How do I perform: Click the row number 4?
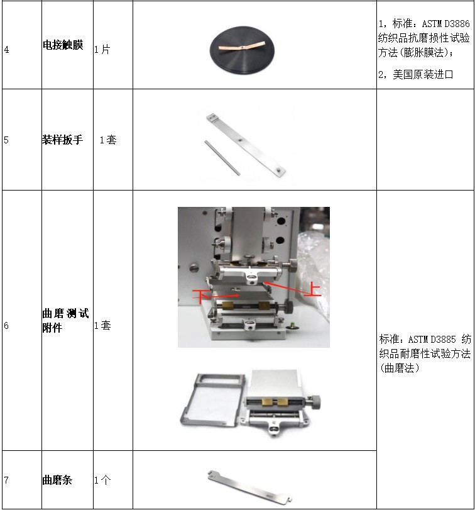6,50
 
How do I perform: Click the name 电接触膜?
63,45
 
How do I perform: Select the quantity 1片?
102,50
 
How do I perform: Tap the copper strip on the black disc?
242,46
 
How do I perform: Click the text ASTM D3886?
445,24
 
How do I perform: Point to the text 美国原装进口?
423,74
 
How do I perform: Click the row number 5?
6,140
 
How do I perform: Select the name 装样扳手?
62,140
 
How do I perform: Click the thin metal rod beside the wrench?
222,158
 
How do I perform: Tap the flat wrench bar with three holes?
246,144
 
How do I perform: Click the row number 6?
6,326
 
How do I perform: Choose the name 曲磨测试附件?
65,320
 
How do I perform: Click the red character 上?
313,289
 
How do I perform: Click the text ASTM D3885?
432,340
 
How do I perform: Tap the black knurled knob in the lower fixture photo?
315,402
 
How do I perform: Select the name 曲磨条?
57,480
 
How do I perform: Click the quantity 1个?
102,480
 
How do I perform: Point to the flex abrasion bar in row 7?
249,487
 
